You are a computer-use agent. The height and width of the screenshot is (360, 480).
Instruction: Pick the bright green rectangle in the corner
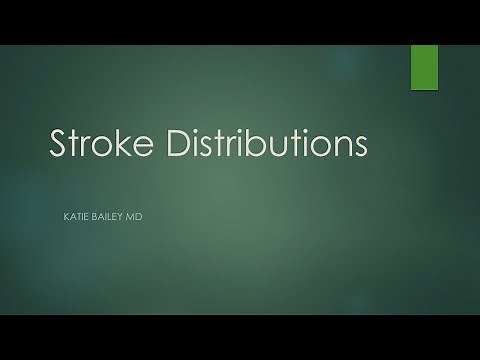[425, 65]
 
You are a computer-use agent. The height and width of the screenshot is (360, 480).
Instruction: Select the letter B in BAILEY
[96, 213]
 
